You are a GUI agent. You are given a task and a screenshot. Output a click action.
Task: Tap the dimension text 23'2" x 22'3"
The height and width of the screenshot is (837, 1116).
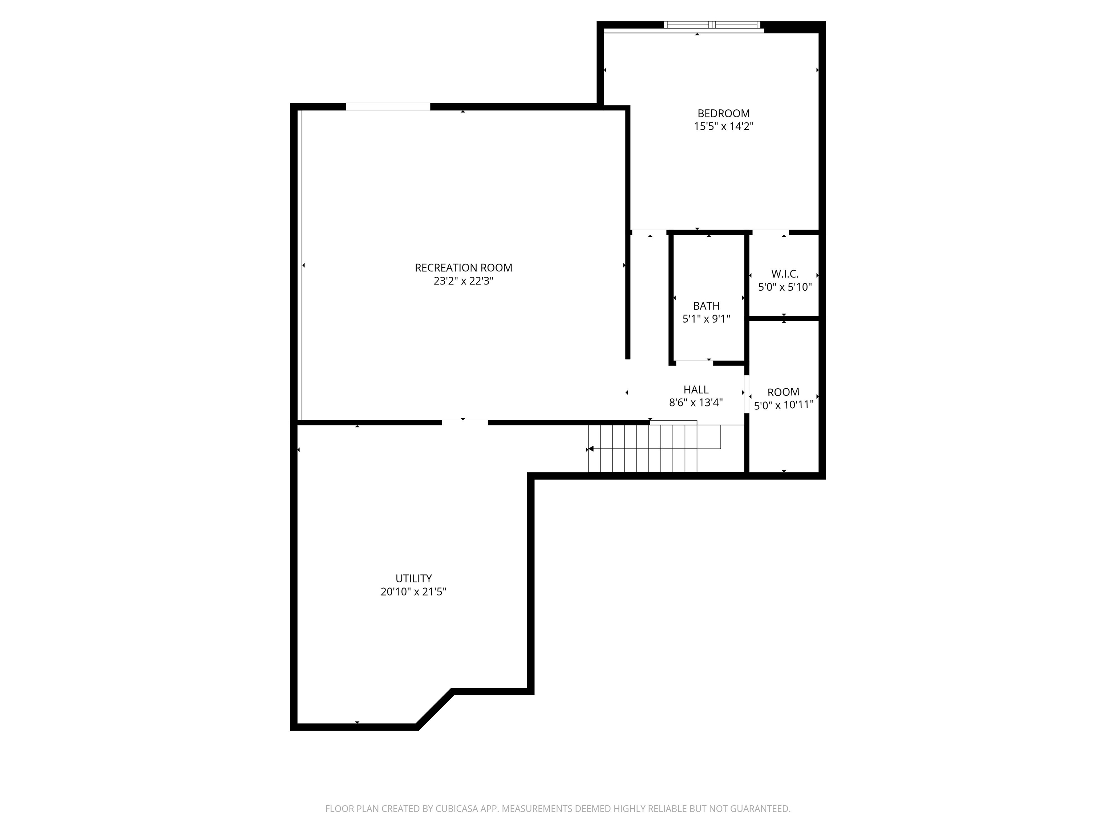click(x=463, y=281)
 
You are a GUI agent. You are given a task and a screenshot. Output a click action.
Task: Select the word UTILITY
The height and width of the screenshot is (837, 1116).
click(x=413, y=578)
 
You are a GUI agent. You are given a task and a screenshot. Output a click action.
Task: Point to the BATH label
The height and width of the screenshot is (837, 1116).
click(x=706, y=306)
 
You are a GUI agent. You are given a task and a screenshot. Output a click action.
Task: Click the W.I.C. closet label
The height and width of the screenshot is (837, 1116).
click(x=785, y=274)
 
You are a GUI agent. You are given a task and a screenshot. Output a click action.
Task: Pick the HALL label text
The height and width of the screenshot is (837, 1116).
click(x=696, y=389)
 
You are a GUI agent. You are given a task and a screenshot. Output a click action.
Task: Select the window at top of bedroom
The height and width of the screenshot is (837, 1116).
click(x=712, y=25)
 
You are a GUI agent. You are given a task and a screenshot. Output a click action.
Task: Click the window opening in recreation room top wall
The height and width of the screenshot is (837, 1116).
click(x=388, y=106)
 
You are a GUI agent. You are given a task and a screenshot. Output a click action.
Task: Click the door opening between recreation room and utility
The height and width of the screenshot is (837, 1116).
click(x=465, y=422)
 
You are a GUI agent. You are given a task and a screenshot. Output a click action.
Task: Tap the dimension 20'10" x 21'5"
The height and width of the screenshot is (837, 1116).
click(x=413, y=592)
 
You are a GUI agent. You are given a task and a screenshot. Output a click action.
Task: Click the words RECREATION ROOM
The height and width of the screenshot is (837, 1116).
click(x=463, y=268)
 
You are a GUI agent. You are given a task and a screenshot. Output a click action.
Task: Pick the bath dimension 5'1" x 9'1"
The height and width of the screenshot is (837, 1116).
click(x=706, y=319)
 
